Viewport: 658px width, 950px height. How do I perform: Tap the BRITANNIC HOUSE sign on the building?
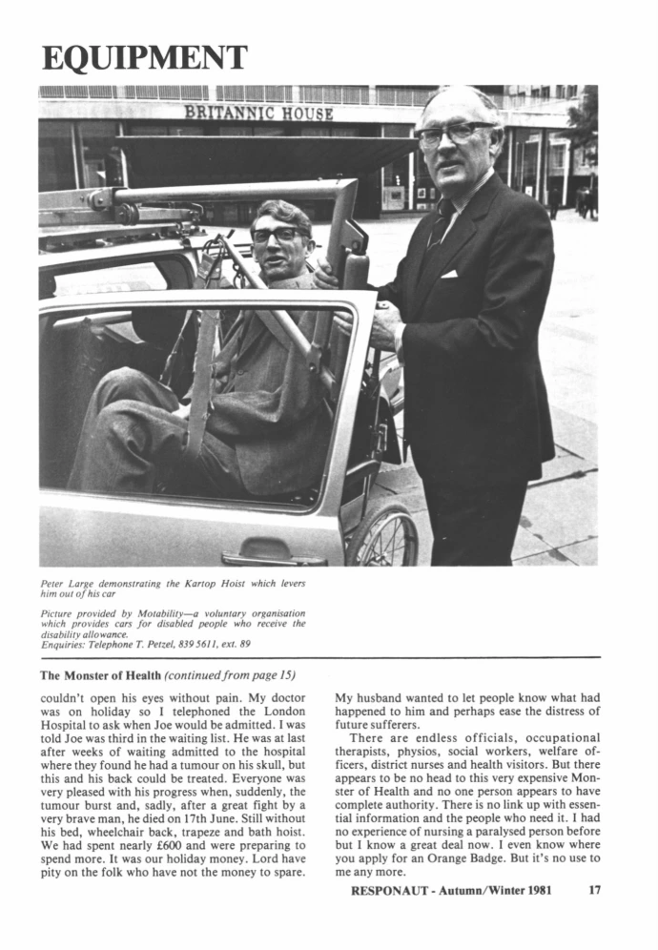(x=258, y=113)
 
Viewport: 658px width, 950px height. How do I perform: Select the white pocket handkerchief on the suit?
(x=448, y=274)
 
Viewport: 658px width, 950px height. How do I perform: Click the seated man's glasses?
(x=276, y=234)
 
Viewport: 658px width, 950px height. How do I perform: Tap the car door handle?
(x=273, y=558)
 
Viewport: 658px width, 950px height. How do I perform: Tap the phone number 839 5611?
(x=195, y=646)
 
